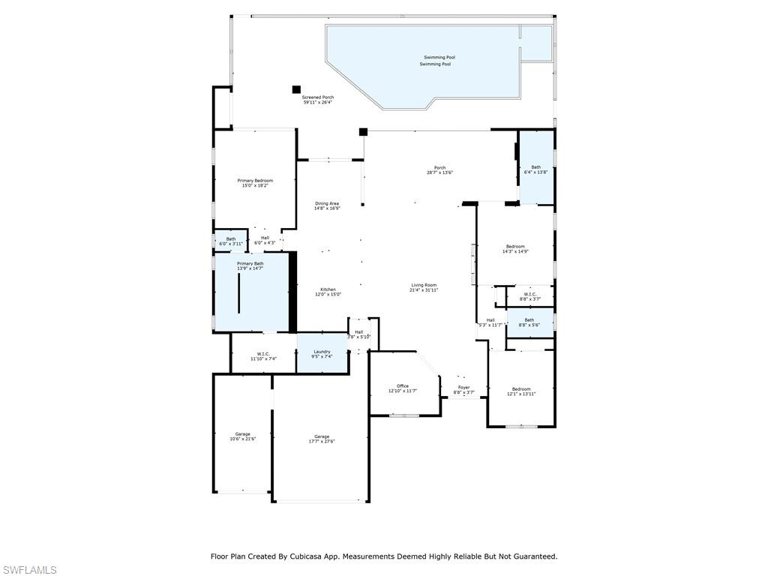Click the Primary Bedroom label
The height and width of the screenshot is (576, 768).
coord(255,181)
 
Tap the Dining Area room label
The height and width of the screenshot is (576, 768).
coord(327,203)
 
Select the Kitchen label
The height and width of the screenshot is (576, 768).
coord(328,289)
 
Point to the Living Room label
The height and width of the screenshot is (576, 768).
coord(424,285)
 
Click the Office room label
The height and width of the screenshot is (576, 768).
coord(403,385)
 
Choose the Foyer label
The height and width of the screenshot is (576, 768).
coord(464,387)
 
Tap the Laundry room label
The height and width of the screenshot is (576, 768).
coord(322,351)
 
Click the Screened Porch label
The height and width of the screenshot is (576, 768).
coord(318,97)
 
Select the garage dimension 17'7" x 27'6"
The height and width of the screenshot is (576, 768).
coord(322,442)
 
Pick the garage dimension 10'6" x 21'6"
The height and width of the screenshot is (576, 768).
coord(242,439)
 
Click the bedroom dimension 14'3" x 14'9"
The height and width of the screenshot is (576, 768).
coord(515,252)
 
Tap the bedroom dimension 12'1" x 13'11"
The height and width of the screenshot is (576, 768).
coord(520,394)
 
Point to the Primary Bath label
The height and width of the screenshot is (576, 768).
coord(250,263)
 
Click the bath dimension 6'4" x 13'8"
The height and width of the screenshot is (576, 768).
coord(535,172)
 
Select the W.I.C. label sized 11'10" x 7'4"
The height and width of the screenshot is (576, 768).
coord(263,359)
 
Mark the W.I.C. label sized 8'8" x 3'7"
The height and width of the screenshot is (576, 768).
coord(529,298)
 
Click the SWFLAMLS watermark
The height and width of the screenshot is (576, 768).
coord(28,570)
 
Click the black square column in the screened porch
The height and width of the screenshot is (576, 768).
coord(296,89)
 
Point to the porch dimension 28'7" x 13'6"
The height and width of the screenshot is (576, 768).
coord(439,172)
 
